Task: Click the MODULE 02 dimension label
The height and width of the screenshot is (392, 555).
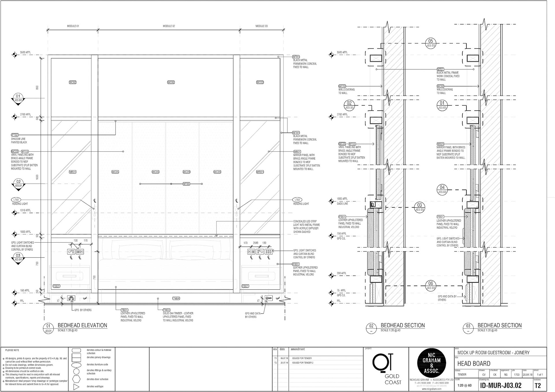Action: tap(169, 26)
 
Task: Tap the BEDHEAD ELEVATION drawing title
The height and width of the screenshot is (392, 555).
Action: tap(82, 325)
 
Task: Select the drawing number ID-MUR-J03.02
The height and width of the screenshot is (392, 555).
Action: tap(501, 386)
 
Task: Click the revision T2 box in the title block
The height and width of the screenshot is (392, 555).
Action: tap(538, 386)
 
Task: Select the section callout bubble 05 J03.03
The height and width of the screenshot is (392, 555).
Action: tap(431, 43)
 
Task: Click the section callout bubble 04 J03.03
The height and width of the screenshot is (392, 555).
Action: tap(442, 189)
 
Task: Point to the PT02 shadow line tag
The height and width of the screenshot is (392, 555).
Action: tap(15, 135)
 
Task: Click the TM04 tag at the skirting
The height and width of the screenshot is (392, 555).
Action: tap(176, 298)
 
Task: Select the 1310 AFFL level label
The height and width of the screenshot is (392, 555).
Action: tap(25, 210)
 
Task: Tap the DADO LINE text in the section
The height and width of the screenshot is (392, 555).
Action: tap(342, 204)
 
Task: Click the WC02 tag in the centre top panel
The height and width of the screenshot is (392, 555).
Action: tap(171, 82)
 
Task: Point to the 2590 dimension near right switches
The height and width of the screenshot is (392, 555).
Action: tap(256, 243)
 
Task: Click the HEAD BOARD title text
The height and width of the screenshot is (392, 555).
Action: tap(474, 363)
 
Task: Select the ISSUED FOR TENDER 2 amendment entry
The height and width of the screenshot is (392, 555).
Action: tap(303, 363)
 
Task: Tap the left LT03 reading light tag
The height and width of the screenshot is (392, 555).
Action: tap(16, 200)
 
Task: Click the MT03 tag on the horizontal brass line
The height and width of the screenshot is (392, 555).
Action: tap(186, 184)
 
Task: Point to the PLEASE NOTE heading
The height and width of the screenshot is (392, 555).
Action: tap(12, 350)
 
